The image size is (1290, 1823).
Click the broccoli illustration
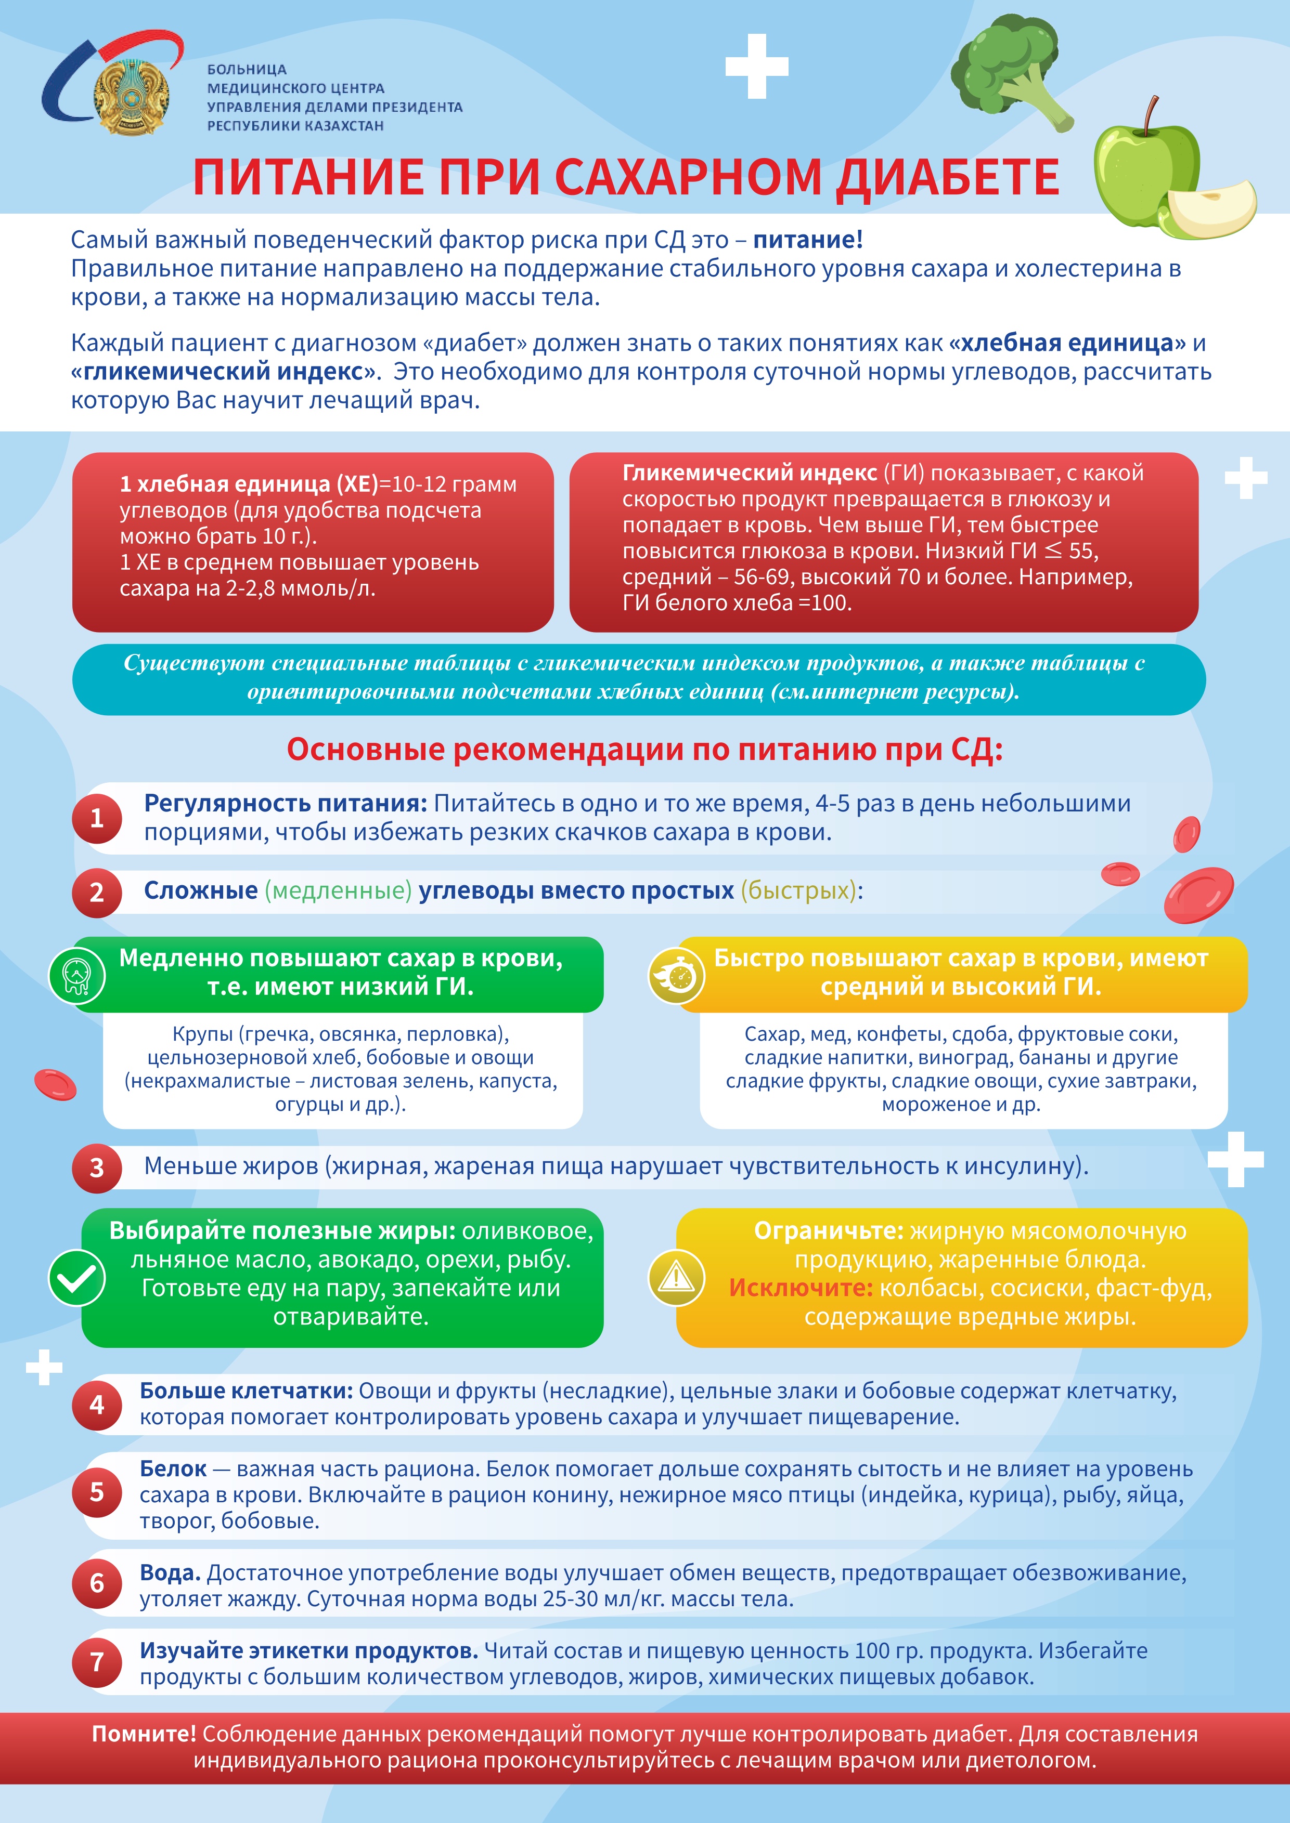click(1009, 71)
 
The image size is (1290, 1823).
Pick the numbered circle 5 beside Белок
click(97, 1491)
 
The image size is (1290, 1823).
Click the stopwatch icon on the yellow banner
click(676, 975)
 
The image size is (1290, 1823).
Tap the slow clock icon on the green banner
click(77, 975)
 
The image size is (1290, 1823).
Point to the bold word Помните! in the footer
click(144, 1734)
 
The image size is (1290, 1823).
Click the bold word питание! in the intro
click(807, 240)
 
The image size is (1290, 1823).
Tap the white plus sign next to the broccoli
click(756, 67)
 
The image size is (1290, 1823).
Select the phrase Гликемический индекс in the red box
click(749, 473)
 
